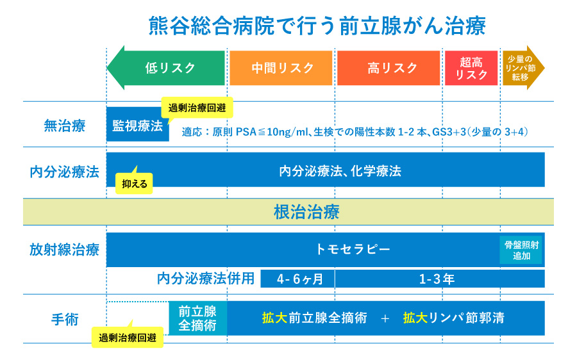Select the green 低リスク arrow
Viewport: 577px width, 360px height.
tap(168, 68)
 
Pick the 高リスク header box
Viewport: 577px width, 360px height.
tap(389, 68)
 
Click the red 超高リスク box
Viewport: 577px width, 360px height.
tap(471, 68)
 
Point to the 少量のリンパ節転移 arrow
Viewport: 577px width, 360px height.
tap(522, 68)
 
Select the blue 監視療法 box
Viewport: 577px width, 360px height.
tap(137, 125)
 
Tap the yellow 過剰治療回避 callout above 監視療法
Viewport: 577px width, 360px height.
tap(197, 108)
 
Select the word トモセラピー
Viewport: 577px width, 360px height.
tap(353, 249)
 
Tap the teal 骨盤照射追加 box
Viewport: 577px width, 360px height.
tap(521, 250)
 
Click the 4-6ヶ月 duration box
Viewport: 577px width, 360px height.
tap(296, 279)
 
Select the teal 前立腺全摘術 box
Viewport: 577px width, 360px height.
tap(197, 318)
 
